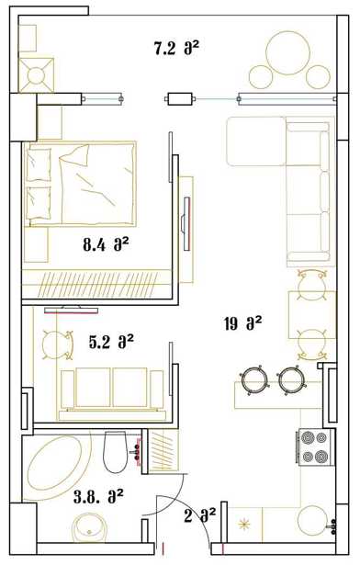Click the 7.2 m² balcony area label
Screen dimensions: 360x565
176,49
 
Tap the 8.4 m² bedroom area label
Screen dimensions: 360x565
106,245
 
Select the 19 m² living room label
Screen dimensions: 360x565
242,323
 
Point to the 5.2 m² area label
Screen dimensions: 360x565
111,341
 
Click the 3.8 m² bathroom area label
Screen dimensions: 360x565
98,497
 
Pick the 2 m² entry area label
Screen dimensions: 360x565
199,515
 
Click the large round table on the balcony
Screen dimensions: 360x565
288,52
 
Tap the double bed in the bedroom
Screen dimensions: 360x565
80,184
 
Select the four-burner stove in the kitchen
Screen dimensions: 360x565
315,446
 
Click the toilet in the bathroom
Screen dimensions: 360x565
116,452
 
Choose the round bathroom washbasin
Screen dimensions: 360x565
89,528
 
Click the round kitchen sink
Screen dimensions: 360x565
312,521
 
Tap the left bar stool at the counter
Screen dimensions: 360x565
254,380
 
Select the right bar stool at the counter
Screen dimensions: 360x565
291,380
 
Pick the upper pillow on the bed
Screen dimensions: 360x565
39,164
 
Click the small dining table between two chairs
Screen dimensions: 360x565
312,314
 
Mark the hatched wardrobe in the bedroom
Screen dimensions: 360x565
96,284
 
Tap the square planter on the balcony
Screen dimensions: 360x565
37,75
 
